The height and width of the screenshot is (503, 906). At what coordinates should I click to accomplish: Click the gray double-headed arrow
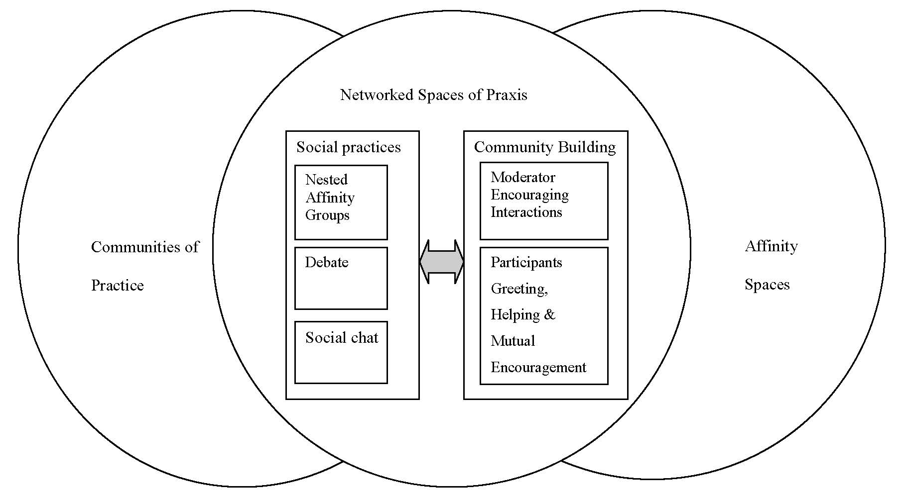pyautogui.click(x=441, y=262)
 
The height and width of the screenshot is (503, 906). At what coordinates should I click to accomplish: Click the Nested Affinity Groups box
pyautogui.click(x=341, y=202)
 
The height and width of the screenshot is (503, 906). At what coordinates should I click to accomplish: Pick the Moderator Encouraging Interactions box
pyautogui.click(x=543, y=201)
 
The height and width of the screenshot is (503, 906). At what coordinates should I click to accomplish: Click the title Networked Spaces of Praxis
pyautogui.click(x=433, y=95)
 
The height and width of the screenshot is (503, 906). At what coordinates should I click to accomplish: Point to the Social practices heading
pyautogui.click(x=348, y=147)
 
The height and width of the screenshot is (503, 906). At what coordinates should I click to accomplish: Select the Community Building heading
pyautogui.click(x=544, y=147)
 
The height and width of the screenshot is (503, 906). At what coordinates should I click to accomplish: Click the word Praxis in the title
pyautogui.click(x=506, y=95)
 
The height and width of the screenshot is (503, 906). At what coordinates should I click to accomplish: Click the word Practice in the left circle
pyautogui.click(x=117, y=286)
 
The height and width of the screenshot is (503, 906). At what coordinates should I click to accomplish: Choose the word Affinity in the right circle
pyautogui.click(x=771, y=246)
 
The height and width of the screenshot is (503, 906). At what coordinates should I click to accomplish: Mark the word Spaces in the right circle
pyautogui.click(x=767, y=285)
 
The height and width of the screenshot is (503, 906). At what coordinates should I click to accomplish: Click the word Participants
pyautogui.click(x=526, y=262)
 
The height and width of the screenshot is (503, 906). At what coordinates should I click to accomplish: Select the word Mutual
pyautogui.click(x=513, y=341)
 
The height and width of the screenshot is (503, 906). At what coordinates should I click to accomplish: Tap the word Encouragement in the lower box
pyautogui.click(x=538, y=367)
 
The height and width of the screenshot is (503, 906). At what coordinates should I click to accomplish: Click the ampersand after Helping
pyautogui.click(x=549, y=314)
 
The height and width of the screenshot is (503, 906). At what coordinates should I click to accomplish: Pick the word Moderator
pyautogui.click(x=522, y=177)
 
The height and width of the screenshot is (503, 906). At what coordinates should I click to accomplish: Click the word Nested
pyautogui.click(x=326, y=180)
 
